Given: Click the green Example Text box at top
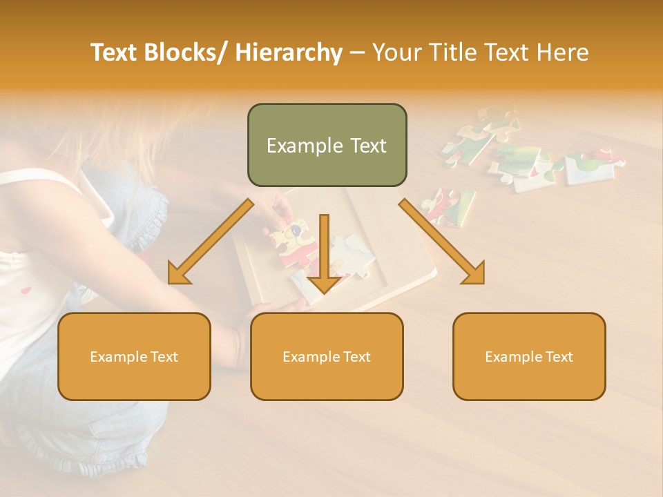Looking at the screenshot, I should tap(327, 145).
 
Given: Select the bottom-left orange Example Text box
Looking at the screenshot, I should tap(134, 356).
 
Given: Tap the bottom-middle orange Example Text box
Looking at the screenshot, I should tap(327, 356).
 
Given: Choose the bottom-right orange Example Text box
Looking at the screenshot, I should tap(529, 356).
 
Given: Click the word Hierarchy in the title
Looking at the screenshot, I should tap(289, 52).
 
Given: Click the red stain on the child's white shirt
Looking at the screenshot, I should tap(26, 291).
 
